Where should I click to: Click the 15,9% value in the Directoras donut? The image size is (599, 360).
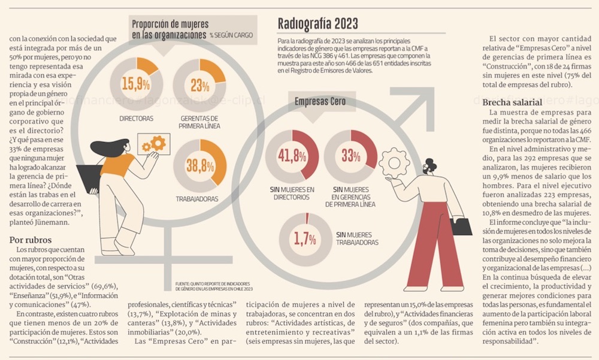tap(135, 83)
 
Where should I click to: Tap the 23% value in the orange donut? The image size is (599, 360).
tap(200, 85)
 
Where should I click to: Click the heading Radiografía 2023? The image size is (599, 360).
tap(318, 23)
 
